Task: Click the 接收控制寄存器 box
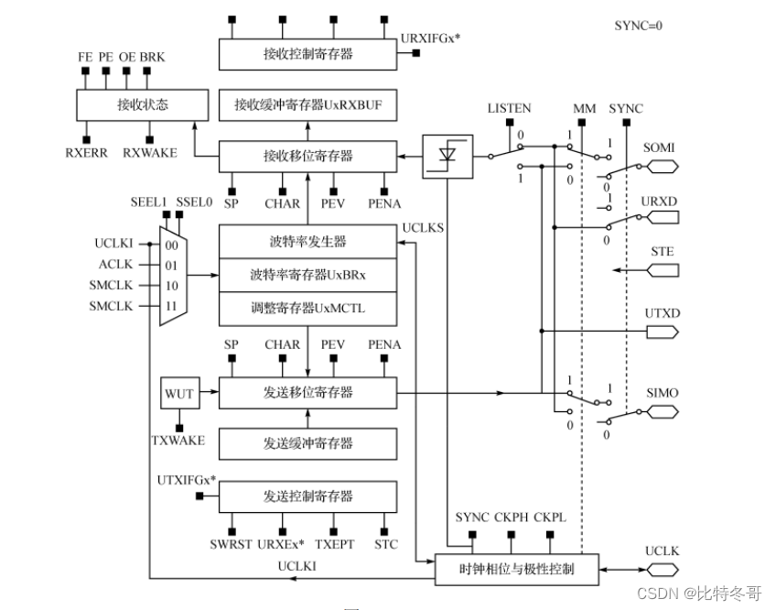[307, 54]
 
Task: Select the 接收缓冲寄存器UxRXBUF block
[307, 105]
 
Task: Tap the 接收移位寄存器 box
[307, 156]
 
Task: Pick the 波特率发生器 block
[307, 242]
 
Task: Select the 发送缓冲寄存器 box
[307, 443]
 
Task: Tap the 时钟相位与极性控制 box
[517, 569]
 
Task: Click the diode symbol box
[447, 157]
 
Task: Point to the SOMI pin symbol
[662, 167]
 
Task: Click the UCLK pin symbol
[662, 569]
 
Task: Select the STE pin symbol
[662, 270]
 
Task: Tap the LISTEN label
[509, 108]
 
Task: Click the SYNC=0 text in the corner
[638, 26]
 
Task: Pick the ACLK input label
[116, 265]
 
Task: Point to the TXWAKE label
[178, 441]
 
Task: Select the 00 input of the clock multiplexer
[171, 245]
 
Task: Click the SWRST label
[230, 544]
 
